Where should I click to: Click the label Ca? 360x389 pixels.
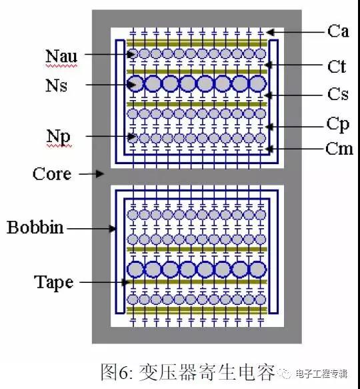(338, 31)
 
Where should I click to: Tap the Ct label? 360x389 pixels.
(337, 67)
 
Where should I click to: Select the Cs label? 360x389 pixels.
(338, 94)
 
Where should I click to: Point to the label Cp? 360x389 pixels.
(338, 125)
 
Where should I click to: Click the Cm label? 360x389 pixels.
(339, 149)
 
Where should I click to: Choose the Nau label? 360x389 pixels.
(61, 56)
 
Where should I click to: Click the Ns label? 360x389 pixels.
(56, 85)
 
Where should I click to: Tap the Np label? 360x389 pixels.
(59, 137)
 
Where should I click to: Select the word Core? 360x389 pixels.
(52, 173)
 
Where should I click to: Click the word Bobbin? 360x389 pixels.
(35, 227)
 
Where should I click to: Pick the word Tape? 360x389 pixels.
(53, 283)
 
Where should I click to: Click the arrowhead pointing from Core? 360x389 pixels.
(100, 173)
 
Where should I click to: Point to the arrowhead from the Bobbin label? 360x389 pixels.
(112, 228)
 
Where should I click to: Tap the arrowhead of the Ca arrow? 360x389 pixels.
(271, 32)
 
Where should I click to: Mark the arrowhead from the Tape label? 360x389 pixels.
(125, 282)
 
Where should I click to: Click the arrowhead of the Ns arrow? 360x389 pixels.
(131, 85)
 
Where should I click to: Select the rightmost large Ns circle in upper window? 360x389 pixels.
(258, 83)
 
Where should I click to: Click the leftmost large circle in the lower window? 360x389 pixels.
(135, 270)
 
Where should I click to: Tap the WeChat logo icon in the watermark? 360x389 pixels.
(285, 373)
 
